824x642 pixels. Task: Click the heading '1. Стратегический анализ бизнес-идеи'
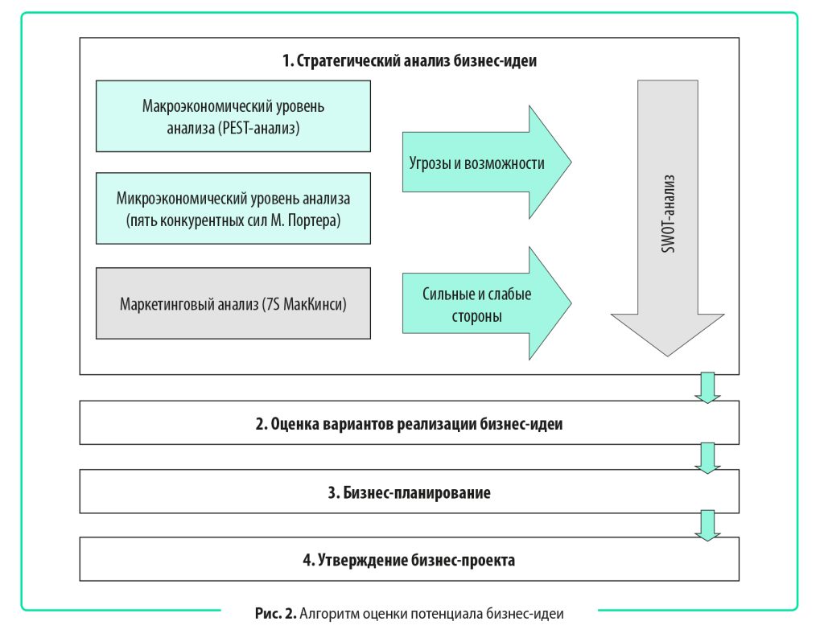coord(409,61)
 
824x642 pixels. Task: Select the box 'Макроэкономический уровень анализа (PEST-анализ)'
coord(233,116)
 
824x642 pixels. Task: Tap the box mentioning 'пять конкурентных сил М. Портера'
coord(233,208)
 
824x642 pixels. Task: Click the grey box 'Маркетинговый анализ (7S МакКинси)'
coord(233,304)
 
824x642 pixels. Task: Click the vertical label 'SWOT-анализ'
coord(667,213)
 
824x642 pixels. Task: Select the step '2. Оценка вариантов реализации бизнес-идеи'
coord(409,424)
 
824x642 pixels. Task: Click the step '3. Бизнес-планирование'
coord(409,492)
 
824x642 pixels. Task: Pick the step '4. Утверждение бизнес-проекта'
coord(409,559)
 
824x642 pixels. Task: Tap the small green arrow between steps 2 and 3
coord(707,456)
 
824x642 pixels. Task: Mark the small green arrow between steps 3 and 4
coord(707,524)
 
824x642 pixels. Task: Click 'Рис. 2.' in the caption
coord(275,614)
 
